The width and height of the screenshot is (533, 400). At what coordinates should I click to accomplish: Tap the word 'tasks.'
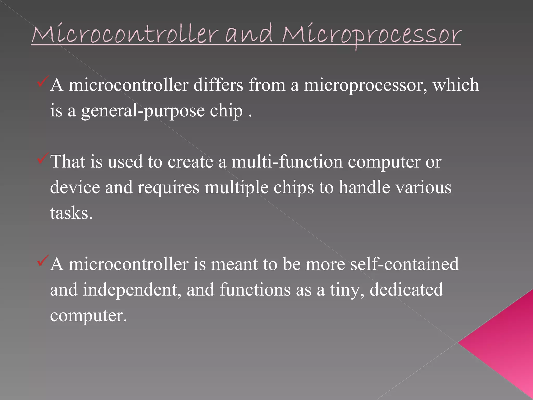[71, 213]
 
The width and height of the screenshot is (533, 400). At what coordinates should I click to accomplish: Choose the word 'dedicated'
[406, 290]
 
